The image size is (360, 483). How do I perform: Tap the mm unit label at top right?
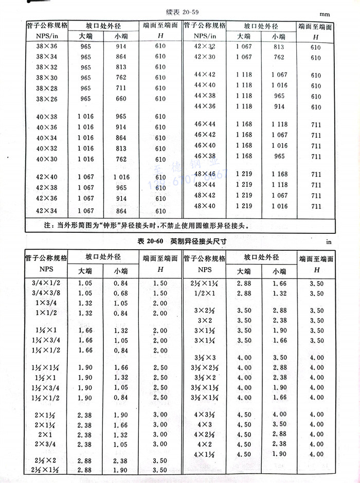point(340,14)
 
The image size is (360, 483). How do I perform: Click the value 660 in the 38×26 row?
point(121,99)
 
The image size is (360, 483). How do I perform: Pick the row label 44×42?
point(205,75)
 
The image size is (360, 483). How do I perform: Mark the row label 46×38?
point(205,156)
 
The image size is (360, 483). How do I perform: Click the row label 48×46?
point(205,174)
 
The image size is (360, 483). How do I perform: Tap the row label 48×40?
point(205,206)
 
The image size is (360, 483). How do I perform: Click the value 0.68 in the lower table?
point(121,293)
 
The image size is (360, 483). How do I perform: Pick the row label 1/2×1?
point(205,293)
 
